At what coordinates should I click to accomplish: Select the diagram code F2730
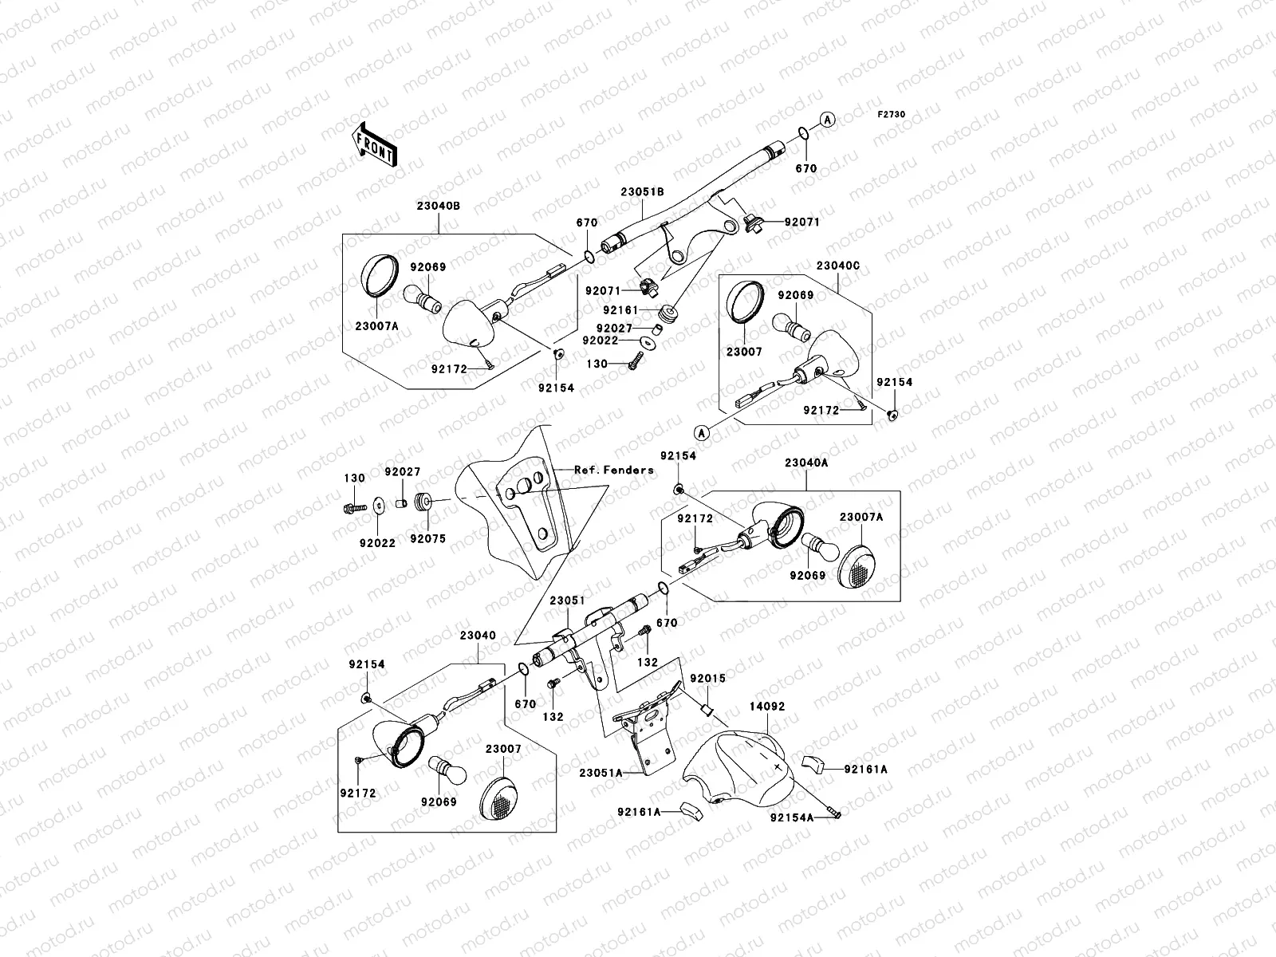point(892,115)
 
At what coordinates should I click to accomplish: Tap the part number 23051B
point(644,192)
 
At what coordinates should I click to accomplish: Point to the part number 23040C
point(837,266)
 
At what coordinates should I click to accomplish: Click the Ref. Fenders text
point(614,470)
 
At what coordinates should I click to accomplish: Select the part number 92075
point(428,538)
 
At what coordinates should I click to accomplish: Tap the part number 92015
point(708,679)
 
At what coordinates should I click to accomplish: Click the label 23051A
point(601,771)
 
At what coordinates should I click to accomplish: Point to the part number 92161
point(620,309)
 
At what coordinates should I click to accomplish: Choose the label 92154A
point(792,817)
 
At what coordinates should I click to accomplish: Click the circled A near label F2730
point(828,120)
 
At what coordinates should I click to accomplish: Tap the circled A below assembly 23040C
point(702,433)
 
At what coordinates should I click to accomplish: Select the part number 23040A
point(805,463)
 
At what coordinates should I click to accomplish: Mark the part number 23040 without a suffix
point(478,636)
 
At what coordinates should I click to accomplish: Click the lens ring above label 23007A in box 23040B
point(376,275)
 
